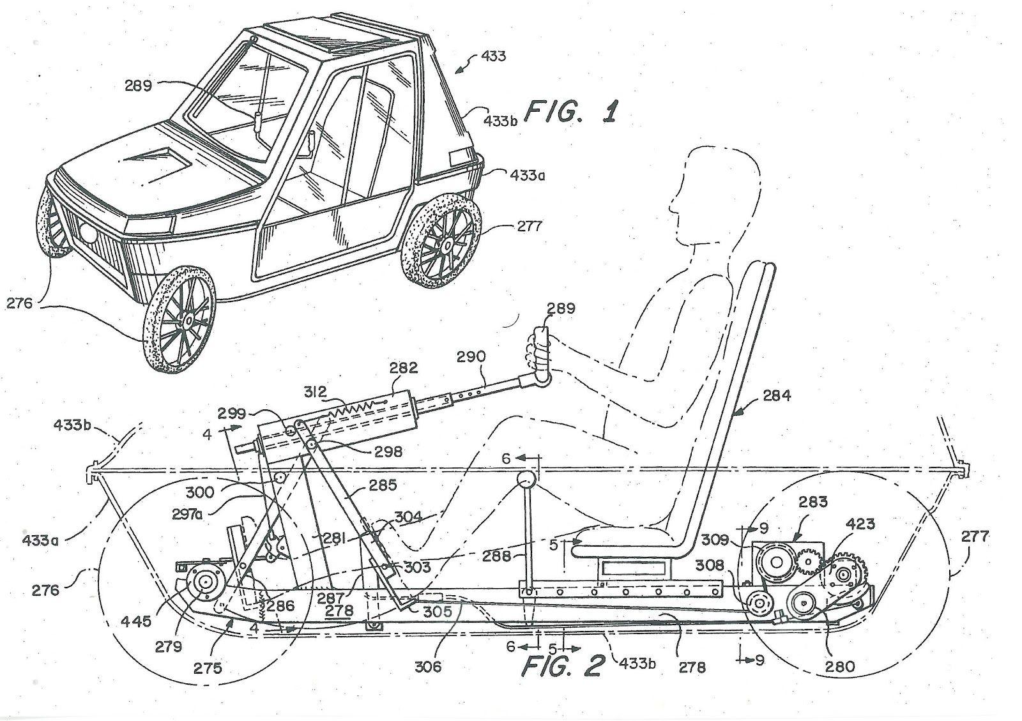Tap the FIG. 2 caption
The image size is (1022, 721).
click(563, 665)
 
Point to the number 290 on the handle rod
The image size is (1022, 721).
click(471, 356)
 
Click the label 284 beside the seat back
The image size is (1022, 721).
click(775, 396)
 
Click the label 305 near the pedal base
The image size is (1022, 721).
click(437, 611)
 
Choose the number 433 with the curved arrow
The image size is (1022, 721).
click(492, 56)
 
